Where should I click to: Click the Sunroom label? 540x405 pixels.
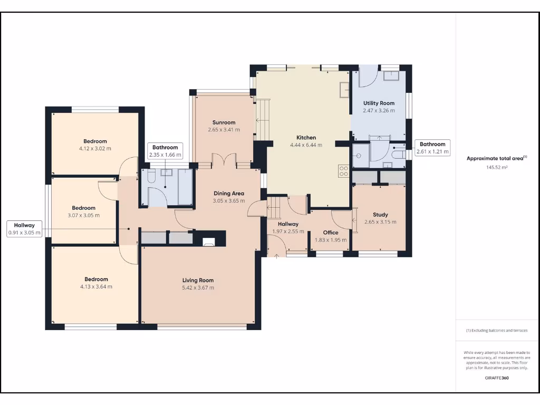point(224,122)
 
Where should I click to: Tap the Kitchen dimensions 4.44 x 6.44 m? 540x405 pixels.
point(306,145)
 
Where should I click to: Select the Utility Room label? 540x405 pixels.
point(379,103)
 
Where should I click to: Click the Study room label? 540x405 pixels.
point(380,215)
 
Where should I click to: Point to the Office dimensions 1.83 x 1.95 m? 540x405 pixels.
point(331,240)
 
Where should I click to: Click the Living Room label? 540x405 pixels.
point(198,280)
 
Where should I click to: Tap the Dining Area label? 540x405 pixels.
point(228,194)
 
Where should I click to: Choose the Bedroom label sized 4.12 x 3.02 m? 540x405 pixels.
point(95,141)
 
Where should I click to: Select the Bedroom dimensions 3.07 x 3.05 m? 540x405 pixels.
point(83,215)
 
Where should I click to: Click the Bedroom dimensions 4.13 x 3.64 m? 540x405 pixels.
point(96,287)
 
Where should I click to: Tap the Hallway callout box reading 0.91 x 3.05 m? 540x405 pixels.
point(24,229)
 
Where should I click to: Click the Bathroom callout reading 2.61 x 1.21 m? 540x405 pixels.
point(433,148)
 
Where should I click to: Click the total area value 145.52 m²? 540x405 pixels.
point(496,167)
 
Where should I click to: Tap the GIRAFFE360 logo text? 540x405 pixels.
point(497,378)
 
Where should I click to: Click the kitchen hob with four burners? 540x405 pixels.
point(343,170)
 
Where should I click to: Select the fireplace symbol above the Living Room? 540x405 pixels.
point(209,242)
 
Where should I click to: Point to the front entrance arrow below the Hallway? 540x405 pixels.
point(277,255)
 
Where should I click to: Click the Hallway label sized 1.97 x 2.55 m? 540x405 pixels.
point(285,224)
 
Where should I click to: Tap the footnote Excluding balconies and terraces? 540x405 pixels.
point(496,331)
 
